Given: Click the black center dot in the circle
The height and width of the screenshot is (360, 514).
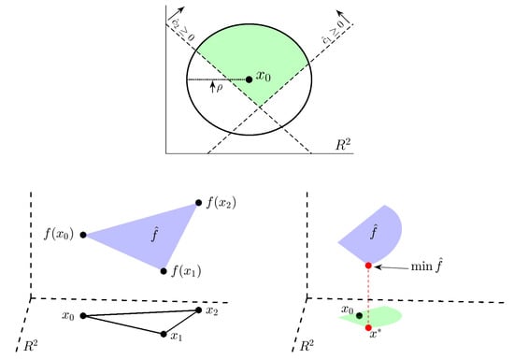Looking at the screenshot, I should coord(249,79).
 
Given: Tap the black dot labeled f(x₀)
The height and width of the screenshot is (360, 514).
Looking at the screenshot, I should coord(83,235).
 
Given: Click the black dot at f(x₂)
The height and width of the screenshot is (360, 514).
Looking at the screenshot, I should coord(197,201).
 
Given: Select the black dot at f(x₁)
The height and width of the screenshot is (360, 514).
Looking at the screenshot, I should coord(164,271).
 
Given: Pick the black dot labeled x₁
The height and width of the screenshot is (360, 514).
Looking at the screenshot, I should coord(164,334).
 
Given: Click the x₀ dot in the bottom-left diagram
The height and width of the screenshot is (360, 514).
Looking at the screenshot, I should coord(83,316).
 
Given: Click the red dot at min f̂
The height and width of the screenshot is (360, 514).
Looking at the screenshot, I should coord(369,266).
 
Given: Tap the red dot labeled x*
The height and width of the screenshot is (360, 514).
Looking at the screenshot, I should coord(369,327).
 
